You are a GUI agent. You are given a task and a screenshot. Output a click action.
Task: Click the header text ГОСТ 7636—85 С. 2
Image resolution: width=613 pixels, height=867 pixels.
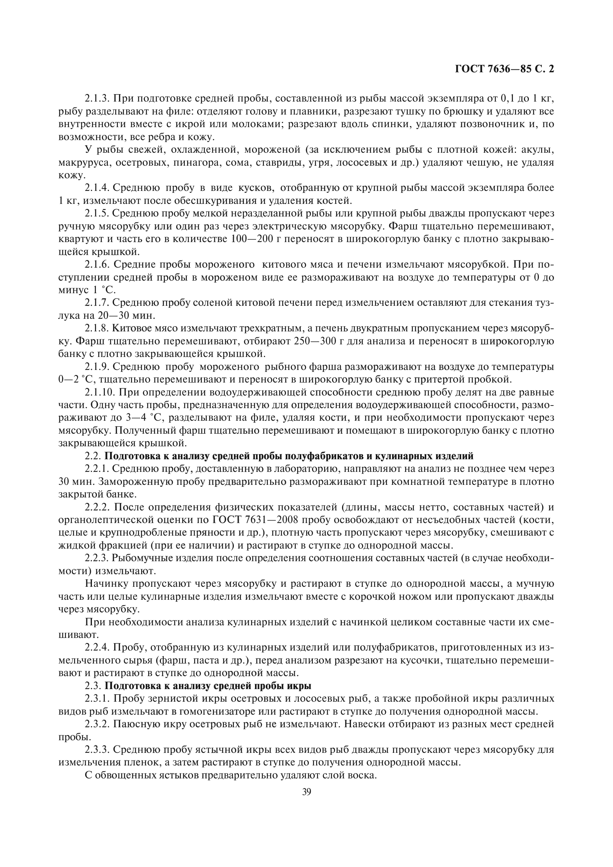(505, 69)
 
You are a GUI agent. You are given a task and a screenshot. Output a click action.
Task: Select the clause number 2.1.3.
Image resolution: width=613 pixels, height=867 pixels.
(97, 99)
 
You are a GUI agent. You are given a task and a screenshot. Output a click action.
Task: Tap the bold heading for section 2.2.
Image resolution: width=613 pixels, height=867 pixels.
(289, 456)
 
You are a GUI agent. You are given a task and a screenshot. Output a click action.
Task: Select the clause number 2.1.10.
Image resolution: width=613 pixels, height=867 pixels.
(99, 392)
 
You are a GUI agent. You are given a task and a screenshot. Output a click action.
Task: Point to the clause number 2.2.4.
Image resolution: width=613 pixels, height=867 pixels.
(97, 648)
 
